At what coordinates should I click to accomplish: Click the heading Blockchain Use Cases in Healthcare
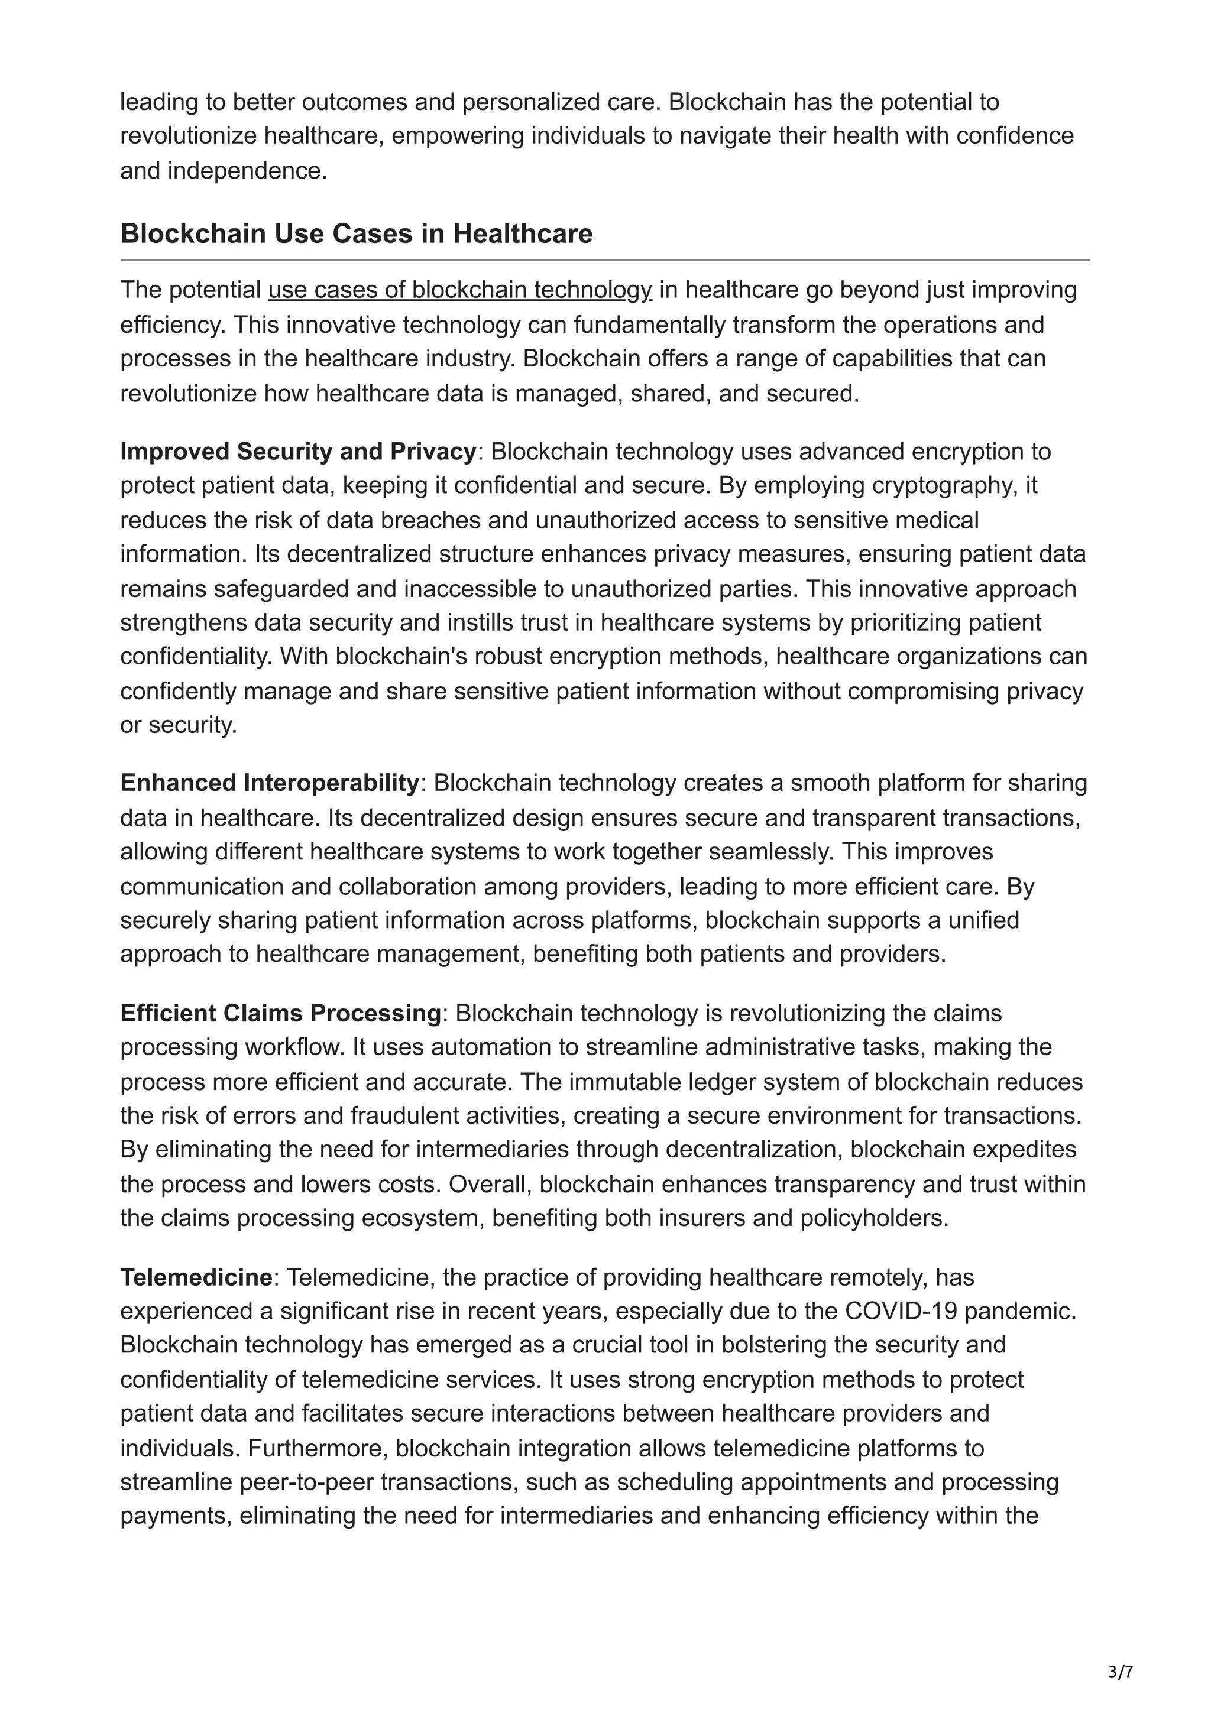coord(356,233)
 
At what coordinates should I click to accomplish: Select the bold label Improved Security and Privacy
coord(297,452)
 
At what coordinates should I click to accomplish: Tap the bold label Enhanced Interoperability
coord(270,783)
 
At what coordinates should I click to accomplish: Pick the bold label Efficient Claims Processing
coord(280,1013)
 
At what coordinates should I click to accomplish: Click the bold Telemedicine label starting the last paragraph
coord(196,1277)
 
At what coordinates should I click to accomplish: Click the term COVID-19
coord(901,1312)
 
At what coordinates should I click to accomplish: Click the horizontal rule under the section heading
coord(605,261)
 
